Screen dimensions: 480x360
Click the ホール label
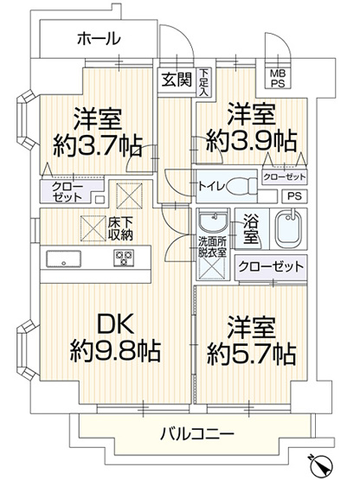point(98,38)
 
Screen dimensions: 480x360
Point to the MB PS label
point(280,78)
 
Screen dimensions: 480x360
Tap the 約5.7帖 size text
point(251,352)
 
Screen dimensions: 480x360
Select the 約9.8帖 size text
point(115,352)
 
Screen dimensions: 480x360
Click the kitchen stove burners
point(122,257)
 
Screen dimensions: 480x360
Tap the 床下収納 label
point(120,228)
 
